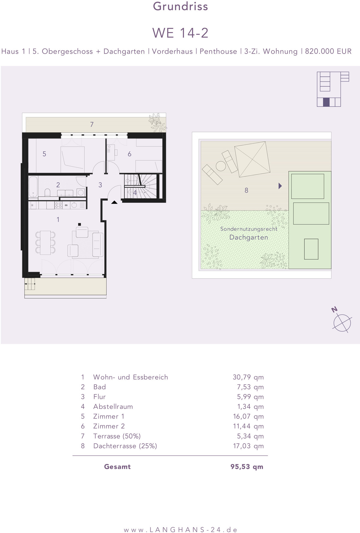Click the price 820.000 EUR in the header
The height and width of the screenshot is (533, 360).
pyautogui.click(x=328, y=51)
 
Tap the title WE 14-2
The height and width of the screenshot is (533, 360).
pyautogui.click(x=180, y=33)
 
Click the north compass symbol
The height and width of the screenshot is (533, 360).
pyautogui.click(x=342, y=321)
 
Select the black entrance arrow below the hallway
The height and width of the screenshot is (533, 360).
pyautogui.click(x=114, y=202)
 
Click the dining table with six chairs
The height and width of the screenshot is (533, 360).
pyautogui.click(x=45, y=243)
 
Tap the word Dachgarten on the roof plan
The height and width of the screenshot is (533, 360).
pyautogui.click(x=249, y=237)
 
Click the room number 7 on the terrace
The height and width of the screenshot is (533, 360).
pyautogui.click(x=92, y=124)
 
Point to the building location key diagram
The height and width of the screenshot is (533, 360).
pyautogui.click(x=333, y=89)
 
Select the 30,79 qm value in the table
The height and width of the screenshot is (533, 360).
pyautogui.click(x=248, y=377)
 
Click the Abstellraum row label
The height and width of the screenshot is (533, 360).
pyautogui.click(x=113, y=406)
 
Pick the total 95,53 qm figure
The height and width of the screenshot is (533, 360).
pyautogui.click(x=247, y=466)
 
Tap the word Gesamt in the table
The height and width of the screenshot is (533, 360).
pyautogui.click(x=117, y=466)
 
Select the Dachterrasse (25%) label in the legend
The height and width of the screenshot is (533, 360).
pyautogui.click(x=125, y=446)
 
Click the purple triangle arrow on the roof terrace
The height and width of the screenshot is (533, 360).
pyautogui.click(x=280, y=186)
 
